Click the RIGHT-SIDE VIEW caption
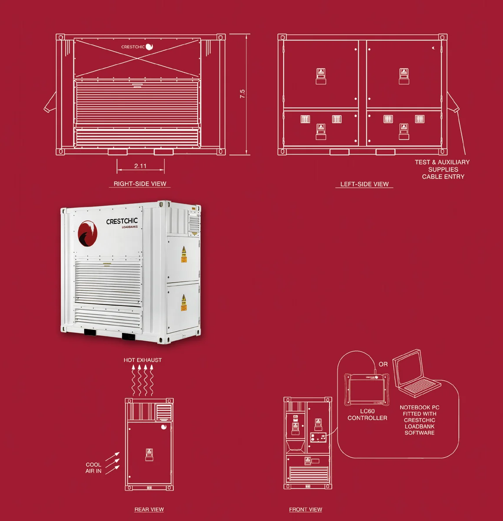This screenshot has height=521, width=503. pyautogui.click(x=140, y=184)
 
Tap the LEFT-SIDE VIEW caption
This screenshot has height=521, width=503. pyautogui.click(x=364, y=184)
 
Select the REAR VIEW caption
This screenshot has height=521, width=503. pyautogui.click(x=149, y=509)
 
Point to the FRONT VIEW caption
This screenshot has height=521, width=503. pyautogui.click(x=305, y=509)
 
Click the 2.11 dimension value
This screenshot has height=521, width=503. pyautogui.click(x=140, y=166)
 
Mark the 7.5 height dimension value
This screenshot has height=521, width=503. pyautogui.click(x=242, y=94)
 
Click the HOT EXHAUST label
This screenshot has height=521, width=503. pyautogui.click(x=142, y=360)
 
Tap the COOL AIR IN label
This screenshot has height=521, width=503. pyautogui.click(x=93, y=468)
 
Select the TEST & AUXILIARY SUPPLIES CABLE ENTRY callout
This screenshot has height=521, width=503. pyautogui.click(x=442, y=169)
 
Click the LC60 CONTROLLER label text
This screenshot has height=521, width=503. pyautogui.click(x=367, y=415)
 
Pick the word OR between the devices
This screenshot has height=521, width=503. pyautogui.click(x=383, y=364)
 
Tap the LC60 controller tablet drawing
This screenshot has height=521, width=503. pyautogui.click(x=367, y=389)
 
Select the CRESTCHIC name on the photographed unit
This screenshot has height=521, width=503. pyautogui.click(x=122, y=221)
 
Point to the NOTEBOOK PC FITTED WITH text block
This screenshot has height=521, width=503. pyautogui.click(x=419, y=420)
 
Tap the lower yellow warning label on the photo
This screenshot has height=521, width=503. pyautogui.click(x=184, y=303)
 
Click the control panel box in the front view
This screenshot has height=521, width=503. pyautogui.click(x=318, y=438)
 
